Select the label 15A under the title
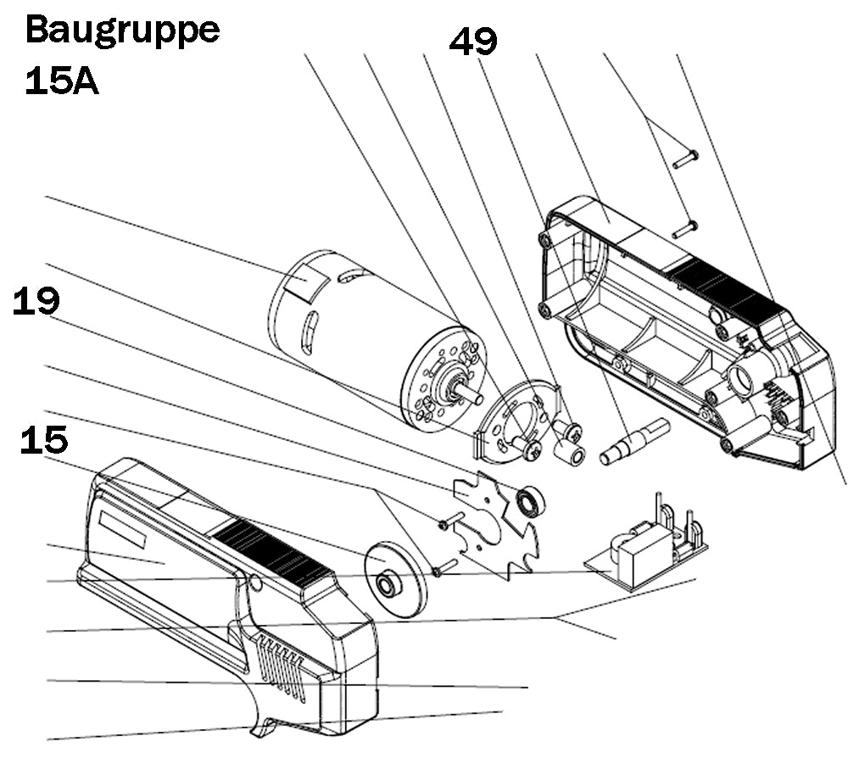[x=62, y=82]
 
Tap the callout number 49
[x=473, y=42]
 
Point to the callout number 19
[x=36, y=303]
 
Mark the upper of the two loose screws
[x=685, y=156]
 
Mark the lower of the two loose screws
[x=685, y=228]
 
